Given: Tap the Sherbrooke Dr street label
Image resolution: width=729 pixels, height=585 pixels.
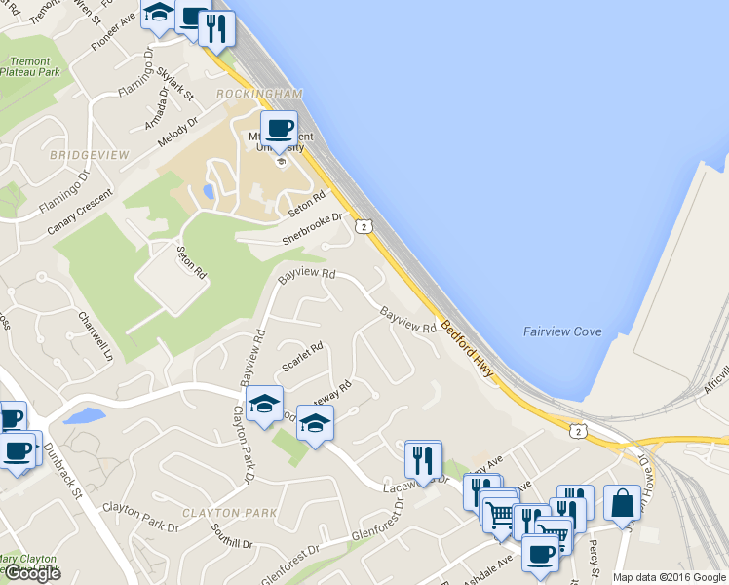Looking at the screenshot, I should point(313,228).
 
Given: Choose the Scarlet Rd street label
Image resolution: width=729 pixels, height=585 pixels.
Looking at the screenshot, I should point(301,358).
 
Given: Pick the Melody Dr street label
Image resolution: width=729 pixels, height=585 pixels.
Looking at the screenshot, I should point(177,133).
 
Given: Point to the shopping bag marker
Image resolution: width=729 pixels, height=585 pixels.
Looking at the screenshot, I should point(622,504).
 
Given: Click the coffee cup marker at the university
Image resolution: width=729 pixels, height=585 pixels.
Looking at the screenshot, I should point(279,128).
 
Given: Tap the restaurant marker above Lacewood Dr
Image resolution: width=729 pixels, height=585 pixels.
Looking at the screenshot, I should point(423,458).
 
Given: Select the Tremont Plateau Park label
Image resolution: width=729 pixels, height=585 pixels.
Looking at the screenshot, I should point(29,66).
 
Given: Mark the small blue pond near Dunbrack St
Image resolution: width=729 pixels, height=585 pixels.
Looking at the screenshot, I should point(84,416).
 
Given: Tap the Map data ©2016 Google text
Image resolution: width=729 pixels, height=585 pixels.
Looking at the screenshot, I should point(669,577).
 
